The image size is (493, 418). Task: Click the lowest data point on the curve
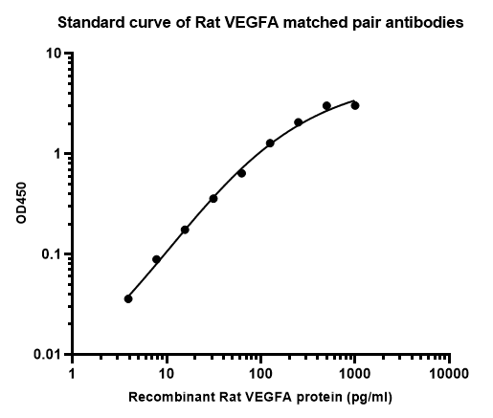coord(128,299)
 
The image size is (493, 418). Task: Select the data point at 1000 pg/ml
coord(355,105)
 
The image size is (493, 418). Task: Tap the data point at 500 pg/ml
coord(326,105)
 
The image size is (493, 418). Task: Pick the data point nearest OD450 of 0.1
coord(156,259)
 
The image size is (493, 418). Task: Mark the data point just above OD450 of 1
coord(270,143)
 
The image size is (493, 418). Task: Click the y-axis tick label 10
coord(54,54)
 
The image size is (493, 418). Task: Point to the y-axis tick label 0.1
coord(51,254)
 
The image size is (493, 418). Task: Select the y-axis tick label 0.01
coord(47,354)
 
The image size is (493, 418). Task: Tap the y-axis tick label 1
coord(57,154)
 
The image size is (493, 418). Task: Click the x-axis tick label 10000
coord(449,373)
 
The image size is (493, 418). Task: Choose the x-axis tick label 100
coord(260,373)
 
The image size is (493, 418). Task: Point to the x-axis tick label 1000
coord(354,373)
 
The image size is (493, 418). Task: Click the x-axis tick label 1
coord(72,373)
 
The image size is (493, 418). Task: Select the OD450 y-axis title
coord(21,203)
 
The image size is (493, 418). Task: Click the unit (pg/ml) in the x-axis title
coord(370,398)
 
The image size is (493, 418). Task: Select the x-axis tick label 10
coord(167,373)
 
